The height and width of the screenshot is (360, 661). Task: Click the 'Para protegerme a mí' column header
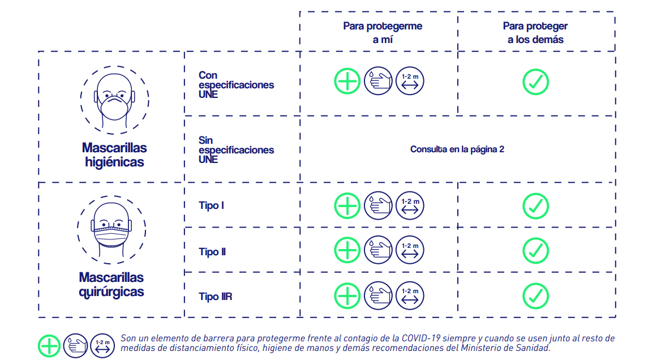(383, 32)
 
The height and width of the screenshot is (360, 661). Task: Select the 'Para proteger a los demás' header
(535, 32)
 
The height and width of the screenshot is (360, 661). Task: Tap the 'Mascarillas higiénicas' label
(114, 155)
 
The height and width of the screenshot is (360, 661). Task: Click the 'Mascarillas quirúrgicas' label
(111, 285)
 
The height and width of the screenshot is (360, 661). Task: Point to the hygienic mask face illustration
(114, 100)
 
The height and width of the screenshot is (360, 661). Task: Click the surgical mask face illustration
(111, 230)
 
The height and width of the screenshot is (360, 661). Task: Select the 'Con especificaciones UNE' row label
(236, 85)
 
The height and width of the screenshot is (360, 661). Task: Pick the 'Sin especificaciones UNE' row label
(236, 149)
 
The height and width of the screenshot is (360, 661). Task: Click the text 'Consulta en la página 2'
(457, 149)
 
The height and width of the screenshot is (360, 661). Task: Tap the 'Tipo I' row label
(211, 205)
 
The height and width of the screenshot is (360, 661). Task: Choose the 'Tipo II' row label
(212, 252)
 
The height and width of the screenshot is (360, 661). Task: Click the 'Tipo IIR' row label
(216, 297)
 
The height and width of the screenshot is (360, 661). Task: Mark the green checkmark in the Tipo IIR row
(535, 296)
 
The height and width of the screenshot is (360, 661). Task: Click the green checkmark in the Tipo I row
(535, 206)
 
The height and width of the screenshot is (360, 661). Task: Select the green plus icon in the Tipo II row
(347, 250)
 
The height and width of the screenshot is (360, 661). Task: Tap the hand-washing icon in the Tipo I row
(378, 205)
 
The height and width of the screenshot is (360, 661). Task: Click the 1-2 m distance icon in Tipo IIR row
(410, 295)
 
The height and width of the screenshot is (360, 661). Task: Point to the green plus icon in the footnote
(49, 346)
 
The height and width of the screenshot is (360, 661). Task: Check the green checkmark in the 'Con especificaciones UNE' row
(535, 82)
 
